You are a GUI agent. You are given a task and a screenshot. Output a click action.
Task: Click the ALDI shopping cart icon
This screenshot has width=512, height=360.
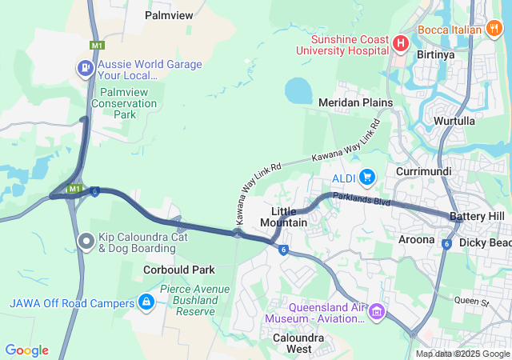pyautogui.click(x=367, y=176)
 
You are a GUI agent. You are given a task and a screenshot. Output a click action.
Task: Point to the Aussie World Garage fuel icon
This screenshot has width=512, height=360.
pyautogui.click(x=84, y=68)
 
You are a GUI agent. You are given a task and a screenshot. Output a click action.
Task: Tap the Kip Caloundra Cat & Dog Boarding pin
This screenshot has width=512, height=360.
pyautogui.click(x=86, y=241)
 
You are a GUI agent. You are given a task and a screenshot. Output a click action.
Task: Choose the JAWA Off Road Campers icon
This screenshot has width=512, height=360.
pyautogui.click(x=146, y=302)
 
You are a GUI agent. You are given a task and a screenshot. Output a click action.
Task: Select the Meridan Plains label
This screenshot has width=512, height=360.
pyautogui.click(x=355, y=102)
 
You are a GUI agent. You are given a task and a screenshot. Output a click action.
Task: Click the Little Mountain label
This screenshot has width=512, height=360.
pyautogui.click(x=284, y=216)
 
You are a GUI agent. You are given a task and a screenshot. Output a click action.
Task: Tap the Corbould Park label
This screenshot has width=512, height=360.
pyautogui.click(x=179, y=270)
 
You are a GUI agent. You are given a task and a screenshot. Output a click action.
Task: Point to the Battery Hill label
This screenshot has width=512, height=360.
pyautogui.click(x=477, y=217)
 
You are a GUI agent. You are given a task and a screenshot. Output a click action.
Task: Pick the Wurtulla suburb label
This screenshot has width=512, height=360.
pyautogui.click(x=454, y=121)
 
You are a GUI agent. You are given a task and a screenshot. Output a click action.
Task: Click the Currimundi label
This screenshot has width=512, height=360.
pyautogui.click(x=424, y=172)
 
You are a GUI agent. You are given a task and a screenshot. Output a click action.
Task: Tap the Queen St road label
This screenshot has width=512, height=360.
pyautogui.click(x=471, y=301)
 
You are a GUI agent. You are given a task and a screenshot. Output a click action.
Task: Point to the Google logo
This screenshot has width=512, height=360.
pyautogui.click(x=26, y=350)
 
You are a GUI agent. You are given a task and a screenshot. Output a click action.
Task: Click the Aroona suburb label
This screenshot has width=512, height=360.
pyautogui.click(x=417, y=239)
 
